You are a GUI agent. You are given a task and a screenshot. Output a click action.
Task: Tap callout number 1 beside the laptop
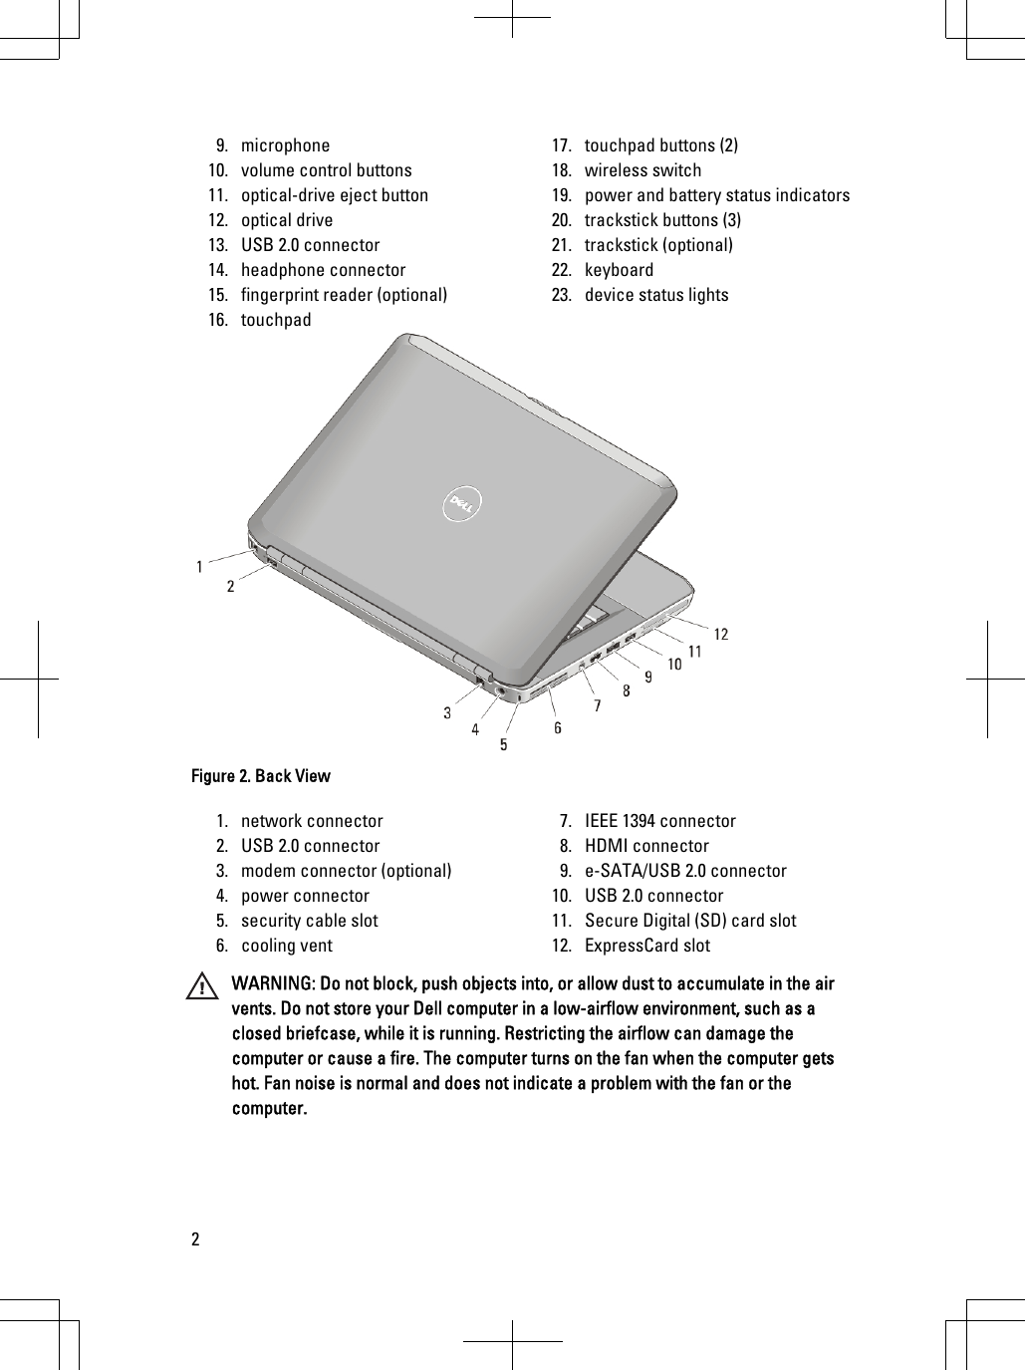200,567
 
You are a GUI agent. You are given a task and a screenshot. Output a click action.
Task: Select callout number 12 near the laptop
719,635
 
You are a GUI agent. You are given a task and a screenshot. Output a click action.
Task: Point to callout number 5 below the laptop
504,744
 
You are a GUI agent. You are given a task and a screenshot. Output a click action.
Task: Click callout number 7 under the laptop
598,706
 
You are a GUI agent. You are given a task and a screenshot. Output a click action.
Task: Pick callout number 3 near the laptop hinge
447,713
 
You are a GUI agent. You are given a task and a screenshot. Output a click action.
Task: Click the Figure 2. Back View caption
261,776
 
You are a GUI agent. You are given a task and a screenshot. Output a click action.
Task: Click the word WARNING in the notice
271,984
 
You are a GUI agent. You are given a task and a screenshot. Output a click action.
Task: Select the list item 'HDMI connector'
646,846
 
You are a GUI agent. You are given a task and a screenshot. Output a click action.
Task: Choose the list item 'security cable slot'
309,921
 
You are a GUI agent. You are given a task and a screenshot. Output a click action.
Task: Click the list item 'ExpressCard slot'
647,946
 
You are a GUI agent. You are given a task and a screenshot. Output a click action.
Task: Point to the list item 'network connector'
311,821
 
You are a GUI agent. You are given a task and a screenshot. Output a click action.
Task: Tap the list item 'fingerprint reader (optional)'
344,295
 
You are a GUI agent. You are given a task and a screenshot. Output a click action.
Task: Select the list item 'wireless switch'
642,170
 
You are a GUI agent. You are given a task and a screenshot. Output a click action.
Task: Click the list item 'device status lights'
655,295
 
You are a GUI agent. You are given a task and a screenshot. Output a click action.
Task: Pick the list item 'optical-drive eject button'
334,195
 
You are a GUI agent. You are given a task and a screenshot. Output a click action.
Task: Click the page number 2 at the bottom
195,1240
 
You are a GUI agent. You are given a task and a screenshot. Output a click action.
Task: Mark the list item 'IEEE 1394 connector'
659,821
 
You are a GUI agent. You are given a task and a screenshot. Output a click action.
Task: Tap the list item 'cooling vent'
287,946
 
